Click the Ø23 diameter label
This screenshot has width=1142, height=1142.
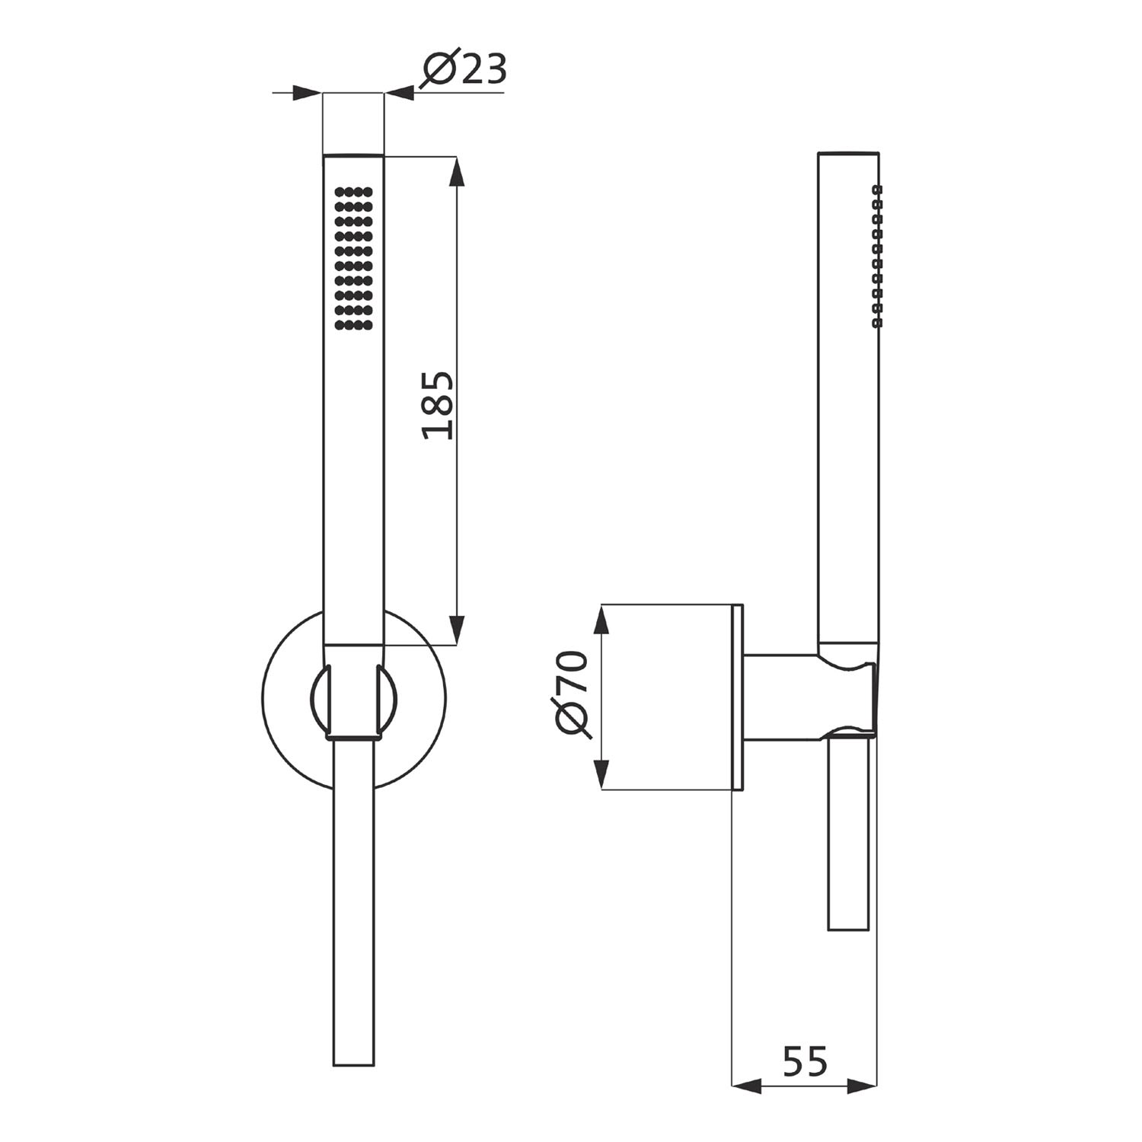tap(463, 70)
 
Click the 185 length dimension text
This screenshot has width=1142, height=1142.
tap(439, 406)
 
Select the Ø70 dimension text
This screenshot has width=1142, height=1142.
tap(573, 694)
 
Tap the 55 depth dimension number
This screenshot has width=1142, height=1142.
tap(804, 1061)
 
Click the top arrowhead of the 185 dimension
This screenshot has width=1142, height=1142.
tap(457, 172)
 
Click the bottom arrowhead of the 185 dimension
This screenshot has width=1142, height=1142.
tap(457, 630)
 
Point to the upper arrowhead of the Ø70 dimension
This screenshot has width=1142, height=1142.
tap(601, 620)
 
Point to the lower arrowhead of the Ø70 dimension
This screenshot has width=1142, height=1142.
tap(601, 774)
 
